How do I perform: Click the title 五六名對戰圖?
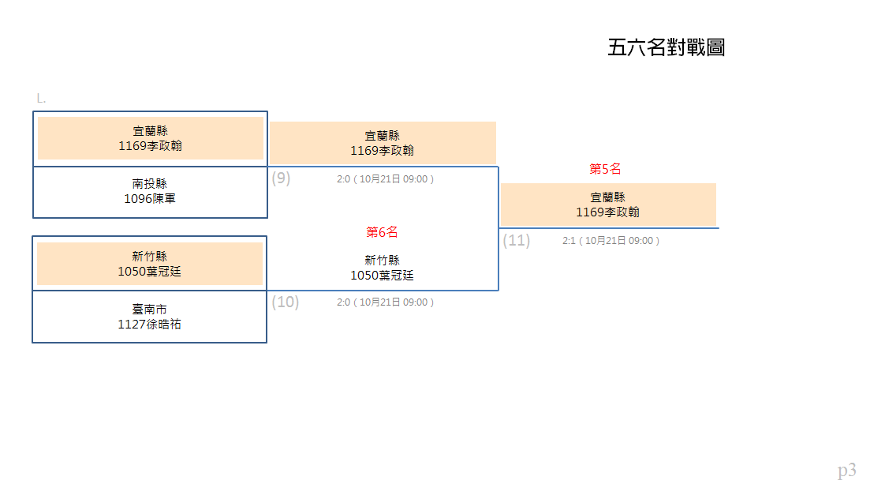[666, 47]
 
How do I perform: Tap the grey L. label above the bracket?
[41, 99]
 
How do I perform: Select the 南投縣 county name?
[150, 184]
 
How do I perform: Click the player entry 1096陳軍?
[150, 199]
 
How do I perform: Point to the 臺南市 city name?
[150, 310]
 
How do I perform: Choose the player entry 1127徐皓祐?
[150, 325]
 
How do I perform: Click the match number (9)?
[281, 178]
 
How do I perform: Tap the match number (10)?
[286, 302]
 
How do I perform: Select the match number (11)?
[517, 240]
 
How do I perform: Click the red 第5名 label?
[605, 169]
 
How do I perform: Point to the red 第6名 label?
[383, 232]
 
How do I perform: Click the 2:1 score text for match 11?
[569, 241]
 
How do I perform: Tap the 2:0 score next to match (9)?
[343, 179]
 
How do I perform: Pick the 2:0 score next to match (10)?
[343, 302]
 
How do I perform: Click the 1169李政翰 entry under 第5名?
[607, 212]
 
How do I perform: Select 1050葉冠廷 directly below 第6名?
[383, 276]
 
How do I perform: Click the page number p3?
[846, 471]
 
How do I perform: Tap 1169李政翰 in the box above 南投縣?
[151, 146]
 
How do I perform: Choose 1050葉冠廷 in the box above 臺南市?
[150, 272]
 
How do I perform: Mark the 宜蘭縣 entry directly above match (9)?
[383, 136]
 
